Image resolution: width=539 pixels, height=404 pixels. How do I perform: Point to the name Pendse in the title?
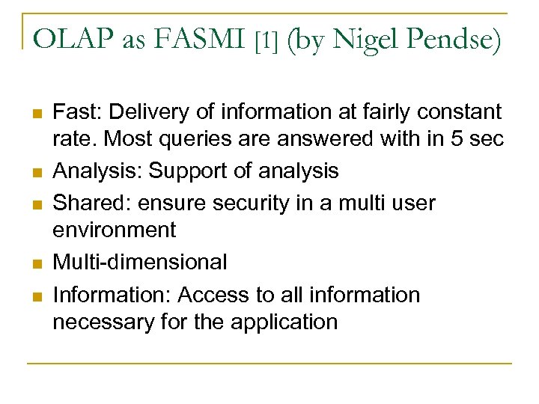point(457,40)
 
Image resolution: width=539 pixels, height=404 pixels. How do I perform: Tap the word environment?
point(115,230)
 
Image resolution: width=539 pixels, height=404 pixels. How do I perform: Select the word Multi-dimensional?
point(140,262)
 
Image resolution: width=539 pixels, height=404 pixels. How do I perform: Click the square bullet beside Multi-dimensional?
point(34,263)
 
